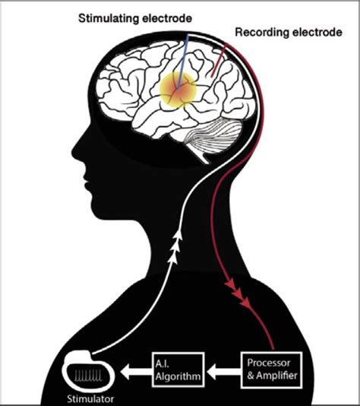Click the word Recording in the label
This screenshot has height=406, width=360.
[262, 33]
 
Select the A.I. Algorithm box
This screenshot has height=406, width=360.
[178, 370]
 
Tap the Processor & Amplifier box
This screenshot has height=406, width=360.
[271, 370]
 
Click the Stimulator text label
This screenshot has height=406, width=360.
[90, 398]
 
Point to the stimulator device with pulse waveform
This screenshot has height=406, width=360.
[88, 372]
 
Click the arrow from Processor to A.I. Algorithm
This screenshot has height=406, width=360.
[223, 373]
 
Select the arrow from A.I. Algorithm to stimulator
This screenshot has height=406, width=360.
[136, 373]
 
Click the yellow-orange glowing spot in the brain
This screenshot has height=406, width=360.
[178, 90]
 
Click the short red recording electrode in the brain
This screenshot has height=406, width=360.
[219, 60]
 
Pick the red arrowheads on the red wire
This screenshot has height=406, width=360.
[238, 293]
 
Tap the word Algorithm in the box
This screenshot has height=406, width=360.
[178, 376]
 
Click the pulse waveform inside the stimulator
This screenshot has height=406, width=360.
[88, 376]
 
